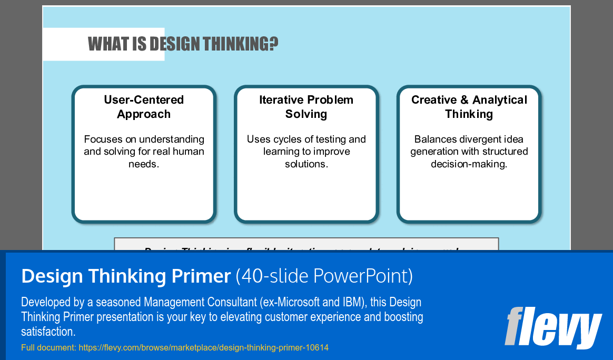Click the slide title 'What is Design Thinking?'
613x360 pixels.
pyautogui.click(x=183, y=44)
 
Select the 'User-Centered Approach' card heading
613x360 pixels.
pyautogui.click(x=144, y=107)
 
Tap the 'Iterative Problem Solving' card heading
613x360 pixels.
pyautogui.click(x=306, y=107)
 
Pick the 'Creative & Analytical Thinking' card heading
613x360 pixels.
pyautogui.click(x=469, y=107)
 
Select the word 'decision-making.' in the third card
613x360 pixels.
pyautogui.click(x=469, y=164)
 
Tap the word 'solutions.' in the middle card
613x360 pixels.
pyautogui.click(x=306, y=164)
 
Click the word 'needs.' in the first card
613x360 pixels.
pyautogui.click(x=144, y=164)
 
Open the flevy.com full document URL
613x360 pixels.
pyautogui.click(x=203, y=348)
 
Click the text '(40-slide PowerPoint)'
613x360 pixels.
pyautogui.click(x=324, y=276)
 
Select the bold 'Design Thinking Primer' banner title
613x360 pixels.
pyautogui.click(x=126, y=276)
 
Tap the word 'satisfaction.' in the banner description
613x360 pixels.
pyautogui.click(x=48, y=332)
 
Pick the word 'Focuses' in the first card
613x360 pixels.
pyautogui.click(x=102, y=139)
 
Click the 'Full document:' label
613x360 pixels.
pyautogui.click(x=48, y=348)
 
